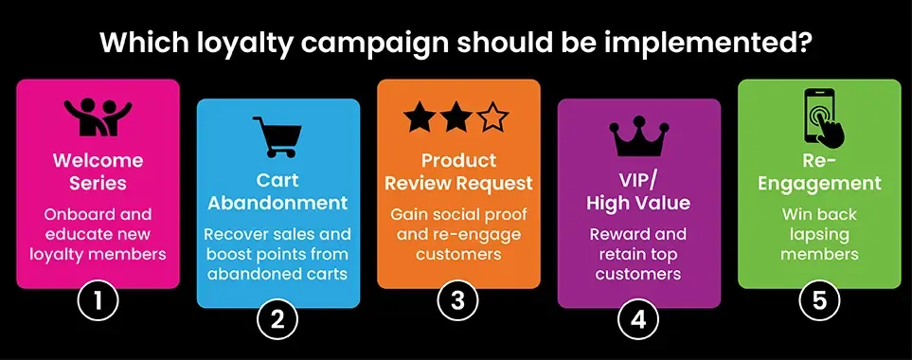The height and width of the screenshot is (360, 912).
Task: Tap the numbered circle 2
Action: pos(277,320)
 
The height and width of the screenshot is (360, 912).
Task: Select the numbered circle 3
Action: pos(458,301)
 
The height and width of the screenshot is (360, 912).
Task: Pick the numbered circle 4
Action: pos(638,320)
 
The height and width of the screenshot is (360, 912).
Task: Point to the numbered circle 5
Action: pos(819,301)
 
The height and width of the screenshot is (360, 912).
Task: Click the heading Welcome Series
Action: pos(98,171)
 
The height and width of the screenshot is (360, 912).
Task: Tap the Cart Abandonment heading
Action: pos(277,190)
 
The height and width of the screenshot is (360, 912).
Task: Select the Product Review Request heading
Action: pos(458,171)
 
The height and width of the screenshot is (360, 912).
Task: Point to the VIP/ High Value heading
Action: pos(638,189)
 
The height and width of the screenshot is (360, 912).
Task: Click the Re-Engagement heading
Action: pos(819,171)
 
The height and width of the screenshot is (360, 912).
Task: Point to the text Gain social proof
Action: pos(458,214)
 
